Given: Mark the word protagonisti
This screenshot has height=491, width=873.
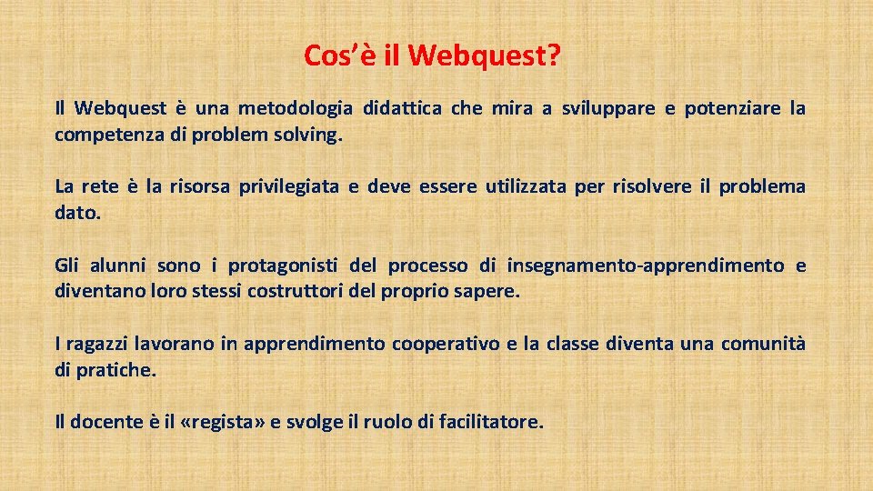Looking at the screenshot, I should click(x=283, y=266).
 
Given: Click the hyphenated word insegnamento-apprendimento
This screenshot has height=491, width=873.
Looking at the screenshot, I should click(x=646, y=266).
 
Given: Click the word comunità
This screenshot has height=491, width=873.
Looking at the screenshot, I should click(x=763, y=344).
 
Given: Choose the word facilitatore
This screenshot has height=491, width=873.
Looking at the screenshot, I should click(x=490, y=422).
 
